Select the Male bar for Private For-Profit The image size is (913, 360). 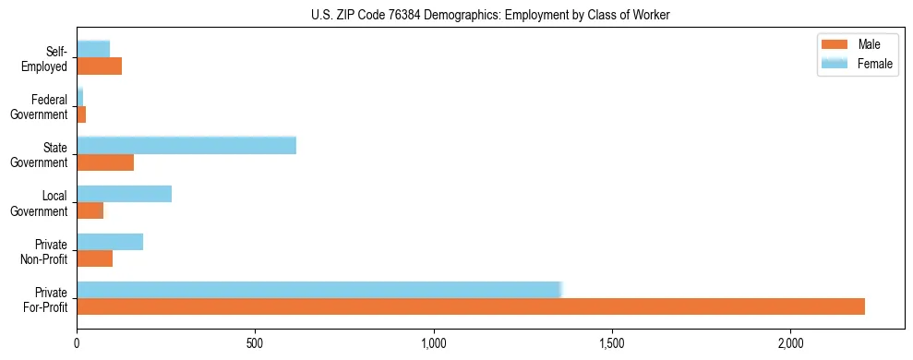pyautogui.click(x=471, y=306)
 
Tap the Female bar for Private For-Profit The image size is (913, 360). pyautogui.click(x=318, y=289)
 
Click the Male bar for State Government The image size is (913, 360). pyautogui.click(x=105, y=162)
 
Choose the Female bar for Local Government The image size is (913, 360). pyautogui.click(x=124, y=193)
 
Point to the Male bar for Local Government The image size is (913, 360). pyautogui.click(x=90, y=210)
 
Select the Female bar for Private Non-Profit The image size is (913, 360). pyautogui.click(x=110, y=241)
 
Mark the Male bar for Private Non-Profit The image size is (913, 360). pyautogui.click(x=94, y=258)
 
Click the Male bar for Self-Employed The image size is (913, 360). pyautogui.click(x=99, y=66)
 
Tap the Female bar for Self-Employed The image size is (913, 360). pyautogui.click(x=93, y=49)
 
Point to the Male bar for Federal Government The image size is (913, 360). pyautogui.click(x=81, y=114)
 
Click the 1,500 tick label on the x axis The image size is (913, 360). pyautogui.click(x=612, y=343)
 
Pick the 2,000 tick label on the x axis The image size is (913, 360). pyautogui.click(x=790, y=343)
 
